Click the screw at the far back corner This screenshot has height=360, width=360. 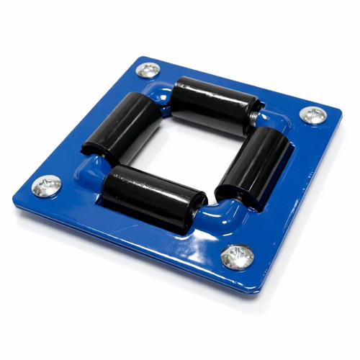(x=149, y=70)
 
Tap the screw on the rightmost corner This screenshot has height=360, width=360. (x=313, y=114)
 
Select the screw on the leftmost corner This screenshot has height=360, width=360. (x=48, y=185)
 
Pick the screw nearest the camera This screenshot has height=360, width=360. (x=237, y=256)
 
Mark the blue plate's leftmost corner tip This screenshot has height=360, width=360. (x=14, y=196)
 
